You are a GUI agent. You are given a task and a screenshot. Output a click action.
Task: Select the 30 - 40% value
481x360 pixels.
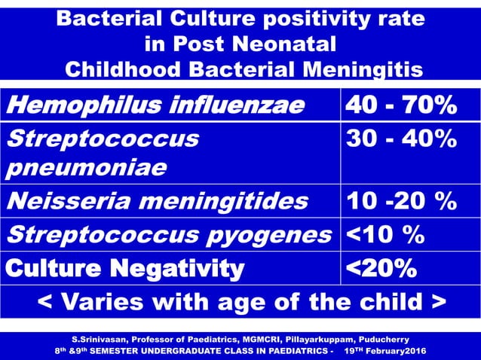400,139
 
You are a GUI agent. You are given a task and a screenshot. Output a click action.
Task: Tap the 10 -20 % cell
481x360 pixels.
400,201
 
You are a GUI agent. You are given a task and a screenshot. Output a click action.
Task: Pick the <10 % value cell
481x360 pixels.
384,234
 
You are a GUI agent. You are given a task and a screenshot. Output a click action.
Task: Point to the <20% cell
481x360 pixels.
381,267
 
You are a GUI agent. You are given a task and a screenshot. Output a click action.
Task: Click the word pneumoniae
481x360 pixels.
87,167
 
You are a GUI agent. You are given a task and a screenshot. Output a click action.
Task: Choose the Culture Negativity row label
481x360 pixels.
125,267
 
